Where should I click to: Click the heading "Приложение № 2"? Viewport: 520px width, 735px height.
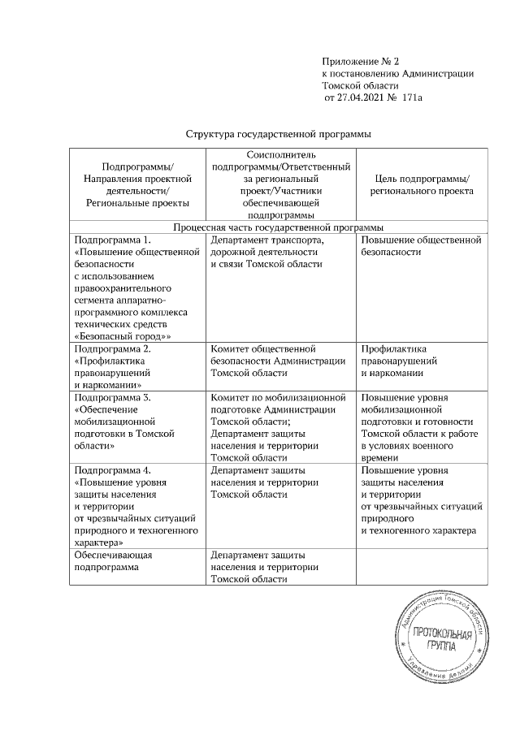tap(361, 61)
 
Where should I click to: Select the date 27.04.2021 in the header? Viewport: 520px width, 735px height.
tap(360, 97)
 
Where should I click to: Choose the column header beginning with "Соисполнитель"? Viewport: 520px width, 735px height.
tap(280, 184)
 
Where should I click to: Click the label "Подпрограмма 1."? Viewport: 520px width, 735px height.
tap(112, 240)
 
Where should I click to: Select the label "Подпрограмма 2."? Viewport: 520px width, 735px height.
tap(112, 348)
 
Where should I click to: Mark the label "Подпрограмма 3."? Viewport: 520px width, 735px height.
tap(112, 398)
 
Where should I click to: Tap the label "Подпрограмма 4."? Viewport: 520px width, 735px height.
tap(112, 470)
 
